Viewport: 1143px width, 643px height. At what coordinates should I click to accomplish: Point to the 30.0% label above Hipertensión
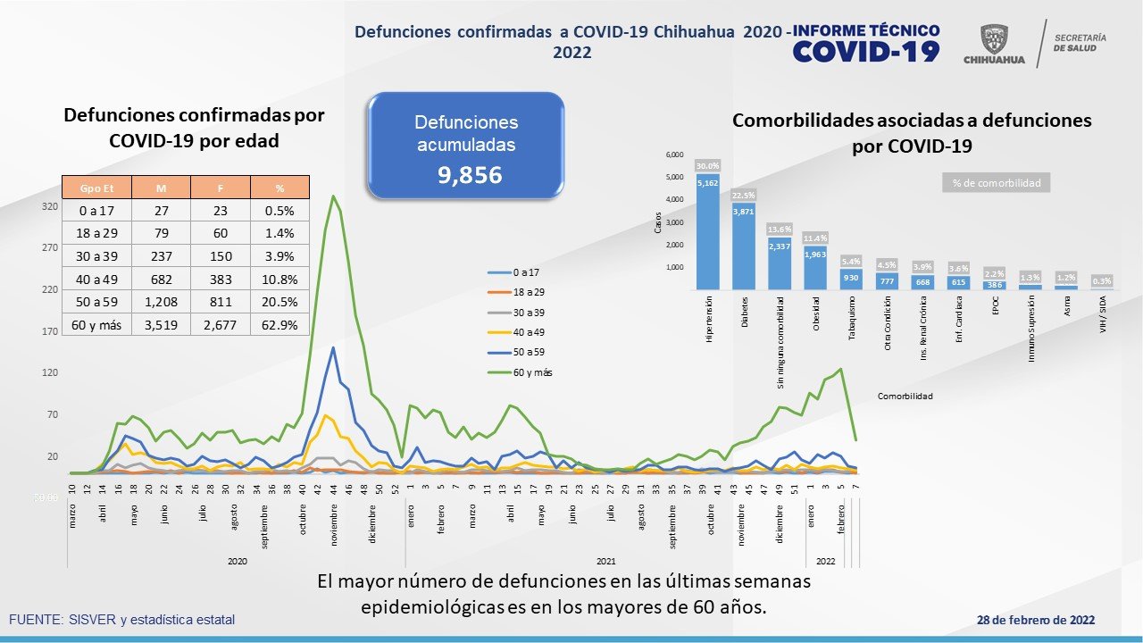point(707,165)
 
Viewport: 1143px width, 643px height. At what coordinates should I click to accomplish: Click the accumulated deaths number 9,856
point(470,175)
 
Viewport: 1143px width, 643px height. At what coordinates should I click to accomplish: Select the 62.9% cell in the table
point(279,325)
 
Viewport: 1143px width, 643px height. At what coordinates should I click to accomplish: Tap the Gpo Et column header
point(96,187)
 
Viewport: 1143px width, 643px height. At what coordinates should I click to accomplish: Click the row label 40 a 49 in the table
point(96,279)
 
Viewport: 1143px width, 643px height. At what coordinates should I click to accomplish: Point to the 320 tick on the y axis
point(50,206)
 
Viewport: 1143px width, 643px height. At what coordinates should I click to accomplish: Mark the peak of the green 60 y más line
point(333,196)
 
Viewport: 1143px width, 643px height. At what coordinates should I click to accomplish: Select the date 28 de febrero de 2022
point(1036,620)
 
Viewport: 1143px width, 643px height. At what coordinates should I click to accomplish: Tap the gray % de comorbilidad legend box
point(996,183)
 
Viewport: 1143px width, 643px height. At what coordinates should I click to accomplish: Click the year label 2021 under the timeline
point(605,561)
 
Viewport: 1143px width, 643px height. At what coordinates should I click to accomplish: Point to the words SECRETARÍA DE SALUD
point(1080,43)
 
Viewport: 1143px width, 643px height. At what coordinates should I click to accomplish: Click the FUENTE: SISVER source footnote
point(122,620)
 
